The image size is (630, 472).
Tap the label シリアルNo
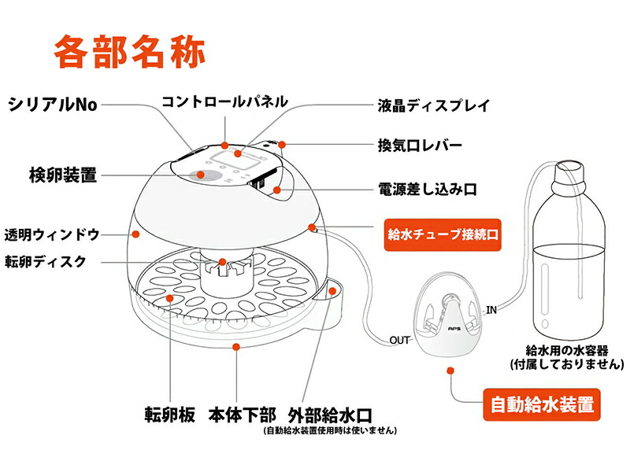click(x=53, y=105)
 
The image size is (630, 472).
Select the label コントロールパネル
click(x=224, y=102)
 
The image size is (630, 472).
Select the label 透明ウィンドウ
click(x=53, y=234)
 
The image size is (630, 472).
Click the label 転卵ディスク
click(x=56, y=262)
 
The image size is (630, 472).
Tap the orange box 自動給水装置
click(x=541, y=406)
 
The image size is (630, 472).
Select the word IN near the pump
click(x=491, y=309)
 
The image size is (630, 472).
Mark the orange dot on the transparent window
click(x=135, y=234)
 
